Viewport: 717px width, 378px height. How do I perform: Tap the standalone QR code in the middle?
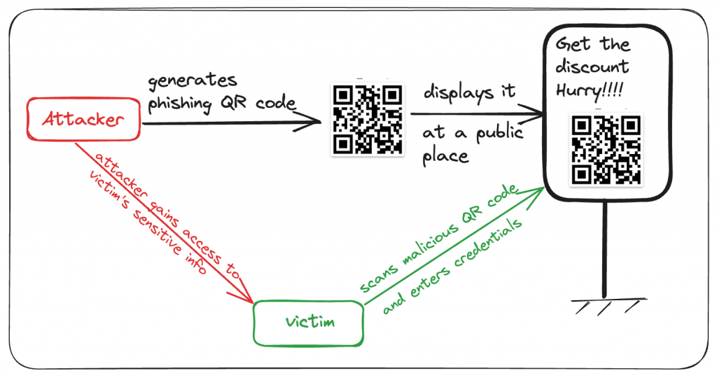(368, 119)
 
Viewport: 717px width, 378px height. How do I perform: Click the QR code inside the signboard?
(606, 148)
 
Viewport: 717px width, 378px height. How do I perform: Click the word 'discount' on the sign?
(592, 67)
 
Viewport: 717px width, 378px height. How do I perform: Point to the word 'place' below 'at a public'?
(445, 155)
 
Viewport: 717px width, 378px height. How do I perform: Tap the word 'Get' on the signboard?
(569, 45)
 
